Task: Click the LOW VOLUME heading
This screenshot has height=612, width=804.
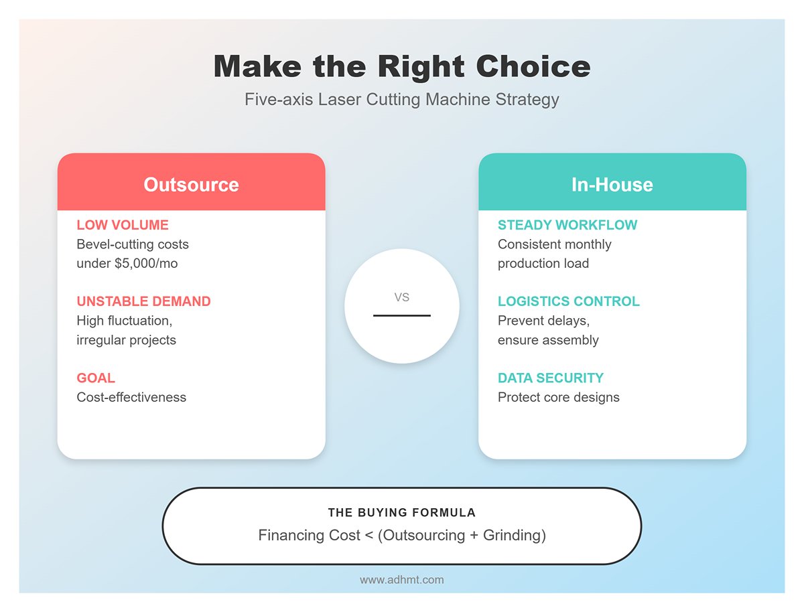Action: (x=123, y=225)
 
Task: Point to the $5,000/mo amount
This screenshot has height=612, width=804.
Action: (x=146, y=263)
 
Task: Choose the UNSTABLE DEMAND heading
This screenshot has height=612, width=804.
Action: (x=143, y=301)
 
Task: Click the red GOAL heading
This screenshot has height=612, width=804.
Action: (x=96, y=378)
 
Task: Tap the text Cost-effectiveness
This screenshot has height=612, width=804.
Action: (x=131, y=397)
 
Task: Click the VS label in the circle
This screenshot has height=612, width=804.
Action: (x=402, y=297)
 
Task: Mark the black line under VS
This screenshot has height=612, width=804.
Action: (x=402, y=315)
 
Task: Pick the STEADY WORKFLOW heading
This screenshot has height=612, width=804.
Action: (x=567, y=225)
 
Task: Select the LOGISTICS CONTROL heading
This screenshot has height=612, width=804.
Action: (x=568, y=301)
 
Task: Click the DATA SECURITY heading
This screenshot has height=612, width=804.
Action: (x=551, y=378)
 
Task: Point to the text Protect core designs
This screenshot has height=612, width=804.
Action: (x=559, y=397)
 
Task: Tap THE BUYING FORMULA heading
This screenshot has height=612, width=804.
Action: (x=402, y=512)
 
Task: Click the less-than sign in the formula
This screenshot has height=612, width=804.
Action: (x=369, y=536)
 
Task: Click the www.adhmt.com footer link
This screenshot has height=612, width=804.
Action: (x=402, y=580)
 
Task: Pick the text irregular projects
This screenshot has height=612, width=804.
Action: (x=127, y=340)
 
